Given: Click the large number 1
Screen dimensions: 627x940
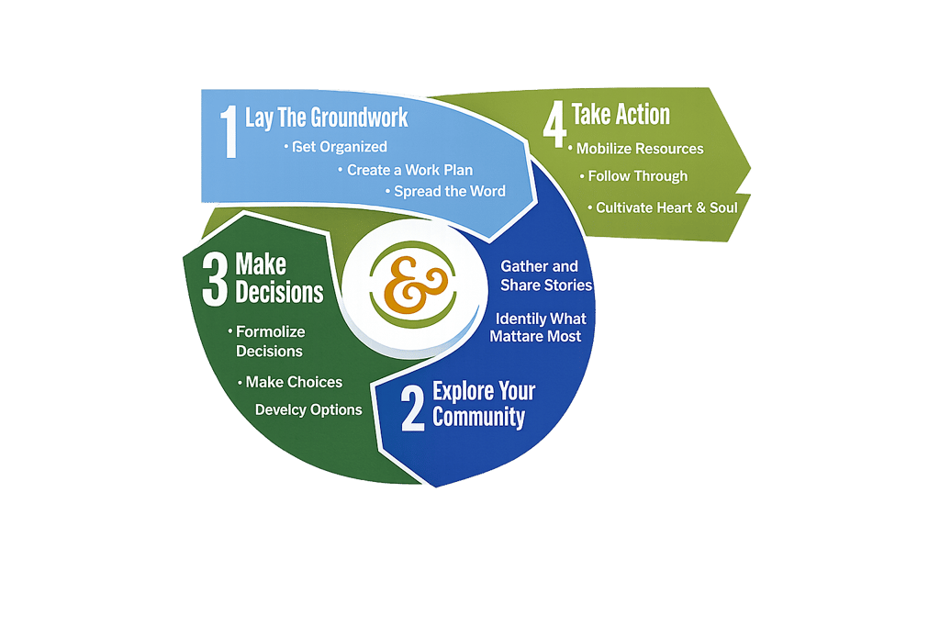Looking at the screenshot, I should coord(227,132).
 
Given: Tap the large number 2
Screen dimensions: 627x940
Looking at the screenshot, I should coord(413,407).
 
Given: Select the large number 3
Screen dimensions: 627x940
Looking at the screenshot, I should coord(214,281).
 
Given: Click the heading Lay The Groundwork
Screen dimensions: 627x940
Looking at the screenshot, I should coord(326,118).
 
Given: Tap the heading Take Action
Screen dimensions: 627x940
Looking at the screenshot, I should coord(621,115).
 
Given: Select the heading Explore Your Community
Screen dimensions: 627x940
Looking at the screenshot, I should coord(484,404).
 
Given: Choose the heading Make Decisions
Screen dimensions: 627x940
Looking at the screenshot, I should coord(279,278).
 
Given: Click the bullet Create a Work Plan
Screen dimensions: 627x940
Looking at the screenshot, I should coord(410,170).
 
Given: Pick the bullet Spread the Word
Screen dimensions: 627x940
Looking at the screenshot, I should coord(450,191).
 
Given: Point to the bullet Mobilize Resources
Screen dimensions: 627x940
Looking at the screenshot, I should coord(640,149).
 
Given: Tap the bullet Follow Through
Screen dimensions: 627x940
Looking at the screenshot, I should coord(638,176).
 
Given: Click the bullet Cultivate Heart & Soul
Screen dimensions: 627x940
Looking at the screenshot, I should coord(666,207).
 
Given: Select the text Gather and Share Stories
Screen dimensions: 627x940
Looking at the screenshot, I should coord(545,275).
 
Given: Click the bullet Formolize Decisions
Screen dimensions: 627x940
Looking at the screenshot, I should coord(270,341).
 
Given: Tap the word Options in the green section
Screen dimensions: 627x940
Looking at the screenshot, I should coord(336,409).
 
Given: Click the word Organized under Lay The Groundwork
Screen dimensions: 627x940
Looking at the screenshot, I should coord(353,147).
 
